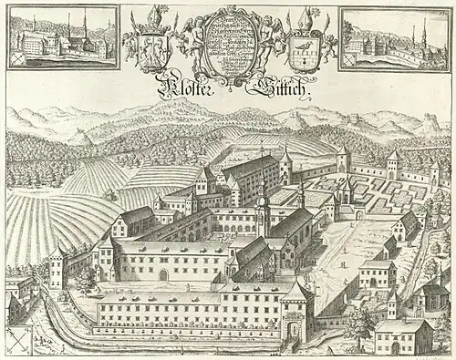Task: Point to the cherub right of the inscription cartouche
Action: tap(264, 41)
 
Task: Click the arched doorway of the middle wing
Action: tap(163, 273)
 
